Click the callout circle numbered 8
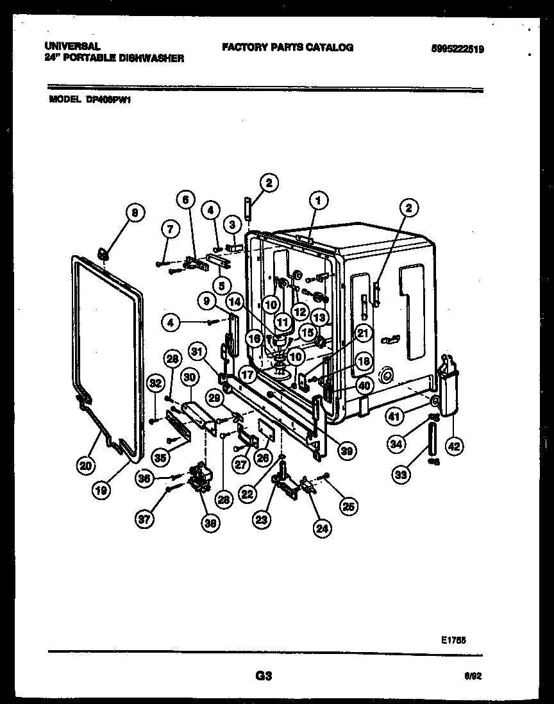pyautogui.click(x=134, y=214)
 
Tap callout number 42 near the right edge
pyautogui.click(x=454, y=446)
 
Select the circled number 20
pyautogui.click(x=85, y=466)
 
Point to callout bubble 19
pyautogui.click(x=101, y=490)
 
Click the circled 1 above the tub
pyautogui.click(x=317, y=201)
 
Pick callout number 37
pyautogui.click(x=146, y=520)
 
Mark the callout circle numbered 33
pyautogui.click(x=401, y=475)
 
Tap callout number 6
pyautogui.click(x=185, y=200)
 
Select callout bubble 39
pyautogui.click(x=346, y=451)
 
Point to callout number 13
pyautogui.click(x=320, y=317)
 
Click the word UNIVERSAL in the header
pyautogui.click(x=72, y=47)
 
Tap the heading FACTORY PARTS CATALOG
pyautogui.click(x=287, y=47)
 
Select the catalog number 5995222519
pyautogui.click(x=457, y=48)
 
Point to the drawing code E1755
pyautogui.click(x=453, y=639)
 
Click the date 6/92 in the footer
pyautogui.click(x=473, y=676)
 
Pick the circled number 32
pyautogui.click(x=155, y=383)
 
